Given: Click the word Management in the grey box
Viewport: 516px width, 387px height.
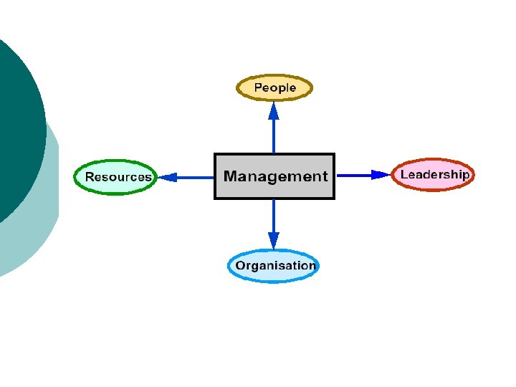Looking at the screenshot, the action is click(275, 176).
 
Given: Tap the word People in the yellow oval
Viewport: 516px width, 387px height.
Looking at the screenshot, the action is click(275, 88).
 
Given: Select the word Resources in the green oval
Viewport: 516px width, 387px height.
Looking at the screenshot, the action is click(118, 177).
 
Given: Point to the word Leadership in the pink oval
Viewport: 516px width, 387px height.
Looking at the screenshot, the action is click(434, 174).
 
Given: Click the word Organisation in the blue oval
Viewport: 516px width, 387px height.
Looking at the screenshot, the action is click(275, 266).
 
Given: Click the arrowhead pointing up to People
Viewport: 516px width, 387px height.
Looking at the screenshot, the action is click(274, 110).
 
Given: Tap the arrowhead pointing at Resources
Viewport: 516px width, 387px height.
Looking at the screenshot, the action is click(167, 177).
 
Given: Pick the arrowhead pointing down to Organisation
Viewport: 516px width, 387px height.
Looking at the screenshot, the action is click(274, 240).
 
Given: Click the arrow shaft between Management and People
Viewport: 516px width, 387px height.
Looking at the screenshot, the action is click(274, 136).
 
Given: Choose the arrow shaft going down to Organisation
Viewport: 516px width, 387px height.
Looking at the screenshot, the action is click(274, 215).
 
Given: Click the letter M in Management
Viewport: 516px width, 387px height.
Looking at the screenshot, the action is click(231, 176).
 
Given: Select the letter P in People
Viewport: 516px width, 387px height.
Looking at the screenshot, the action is click(259, 88).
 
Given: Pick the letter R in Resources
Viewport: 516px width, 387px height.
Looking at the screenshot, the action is click(90, 177).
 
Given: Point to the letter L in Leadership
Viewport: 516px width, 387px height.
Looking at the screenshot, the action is click(403, 174).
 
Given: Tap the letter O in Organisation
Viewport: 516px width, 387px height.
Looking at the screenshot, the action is click(241, 266).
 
